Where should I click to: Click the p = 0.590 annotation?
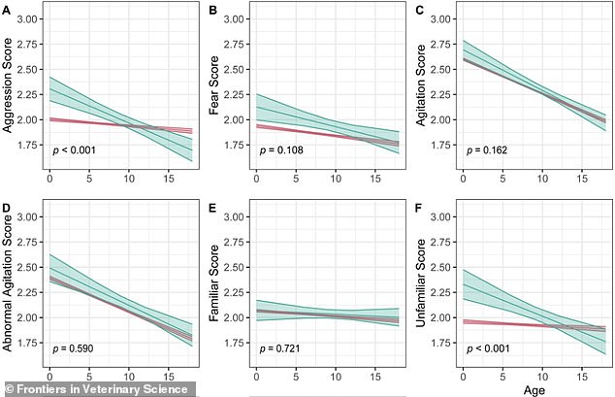pos(75,347)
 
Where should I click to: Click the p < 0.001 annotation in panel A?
pos(75,151)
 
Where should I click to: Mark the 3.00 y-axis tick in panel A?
pos(28,19)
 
